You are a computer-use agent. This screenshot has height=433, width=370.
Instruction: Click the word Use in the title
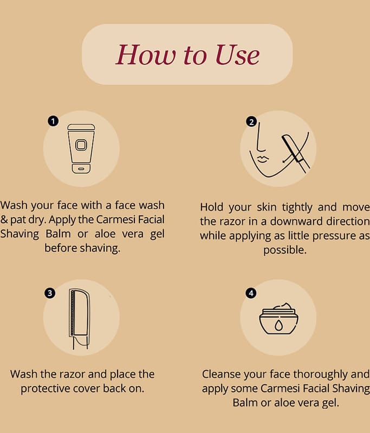click(237, 55)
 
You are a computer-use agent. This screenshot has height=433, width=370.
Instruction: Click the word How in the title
click(146, 55)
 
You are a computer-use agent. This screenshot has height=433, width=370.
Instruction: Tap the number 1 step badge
click(53, 121)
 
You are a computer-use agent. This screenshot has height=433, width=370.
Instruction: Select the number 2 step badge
click(251, 122)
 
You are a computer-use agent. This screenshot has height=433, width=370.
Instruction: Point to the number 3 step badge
click(50, 293)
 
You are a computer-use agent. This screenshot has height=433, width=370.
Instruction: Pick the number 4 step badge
click(251, 293)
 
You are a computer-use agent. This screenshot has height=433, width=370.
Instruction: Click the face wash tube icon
click(81, 149)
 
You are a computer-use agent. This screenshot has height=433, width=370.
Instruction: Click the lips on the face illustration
click(263, 159)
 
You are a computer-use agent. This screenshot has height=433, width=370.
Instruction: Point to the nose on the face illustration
click(260, 137)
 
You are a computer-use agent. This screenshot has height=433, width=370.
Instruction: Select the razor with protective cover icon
click(79, 319)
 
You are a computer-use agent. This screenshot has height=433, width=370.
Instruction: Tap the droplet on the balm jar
click(278, 325)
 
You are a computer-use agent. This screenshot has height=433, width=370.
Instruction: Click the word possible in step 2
click(285, 250)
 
